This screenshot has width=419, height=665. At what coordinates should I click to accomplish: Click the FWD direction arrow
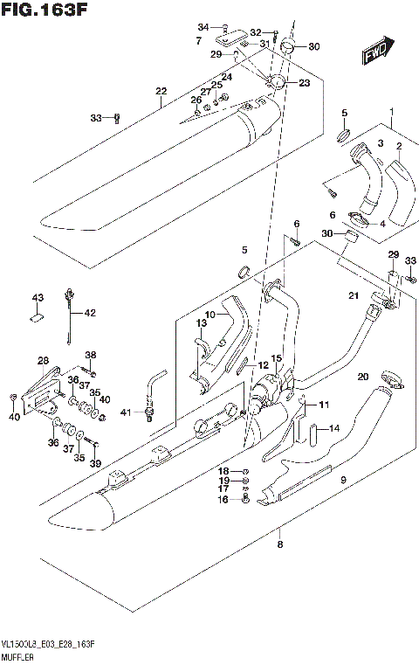[376, 52]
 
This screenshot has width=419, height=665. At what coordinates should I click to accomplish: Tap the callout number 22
[161, 92]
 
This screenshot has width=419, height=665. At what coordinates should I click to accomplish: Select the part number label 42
[90, 312]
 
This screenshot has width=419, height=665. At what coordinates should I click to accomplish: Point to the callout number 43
[38, 299]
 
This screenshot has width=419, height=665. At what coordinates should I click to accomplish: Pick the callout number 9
[343, 480]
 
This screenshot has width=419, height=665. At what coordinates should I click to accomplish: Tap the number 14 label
[333, 429]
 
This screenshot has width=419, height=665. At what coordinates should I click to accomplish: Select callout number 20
[362, 377]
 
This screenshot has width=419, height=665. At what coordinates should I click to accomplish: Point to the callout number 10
[209, 315]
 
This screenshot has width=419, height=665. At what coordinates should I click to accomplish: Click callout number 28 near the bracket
[43, 361]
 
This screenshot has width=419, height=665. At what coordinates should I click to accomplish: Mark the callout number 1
[393, 110]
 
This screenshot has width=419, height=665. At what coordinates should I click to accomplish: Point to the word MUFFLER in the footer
[17, 655]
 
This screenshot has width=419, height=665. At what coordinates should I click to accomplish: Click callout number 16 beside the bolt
[223, 500]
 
